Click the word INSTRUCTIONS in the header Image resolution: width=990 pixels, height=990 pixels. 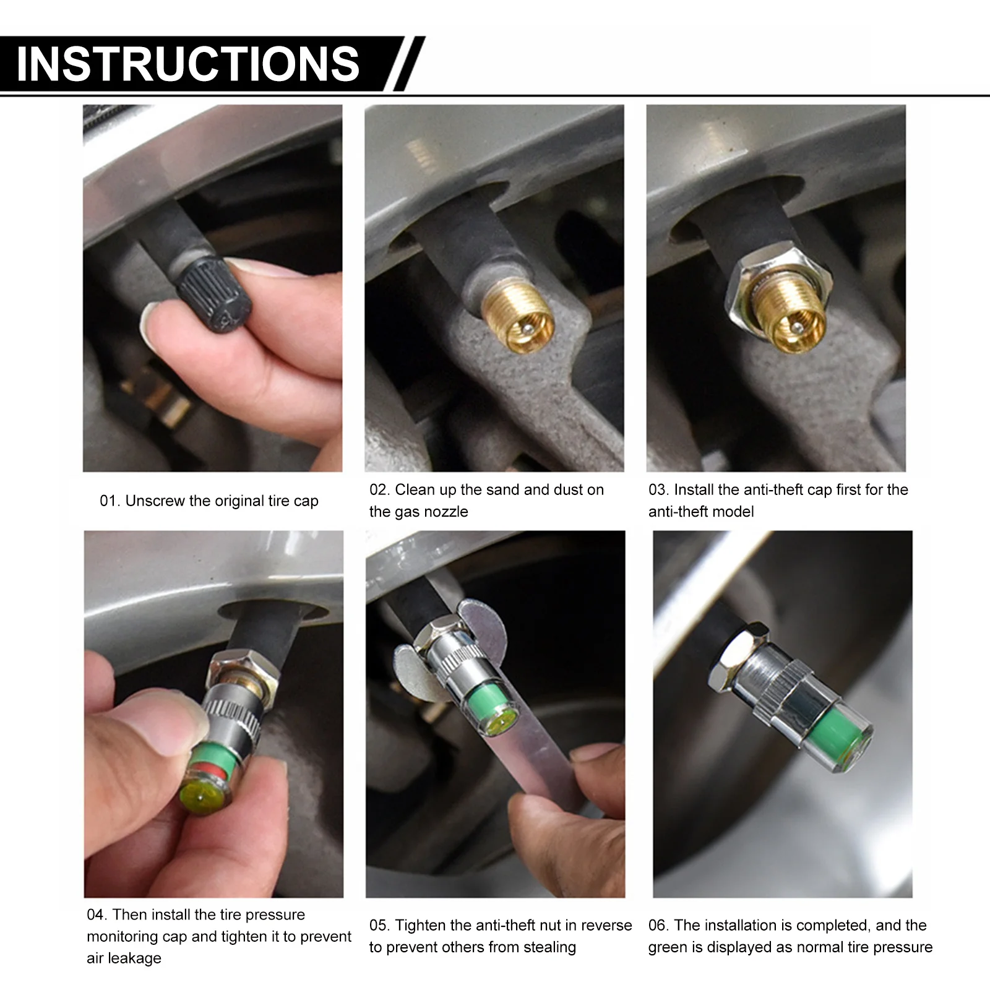187,64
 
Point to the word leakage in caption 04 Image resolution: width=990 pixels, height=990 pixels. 124,958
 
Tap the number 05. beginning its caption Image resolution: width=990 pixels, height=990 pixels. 380,926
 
